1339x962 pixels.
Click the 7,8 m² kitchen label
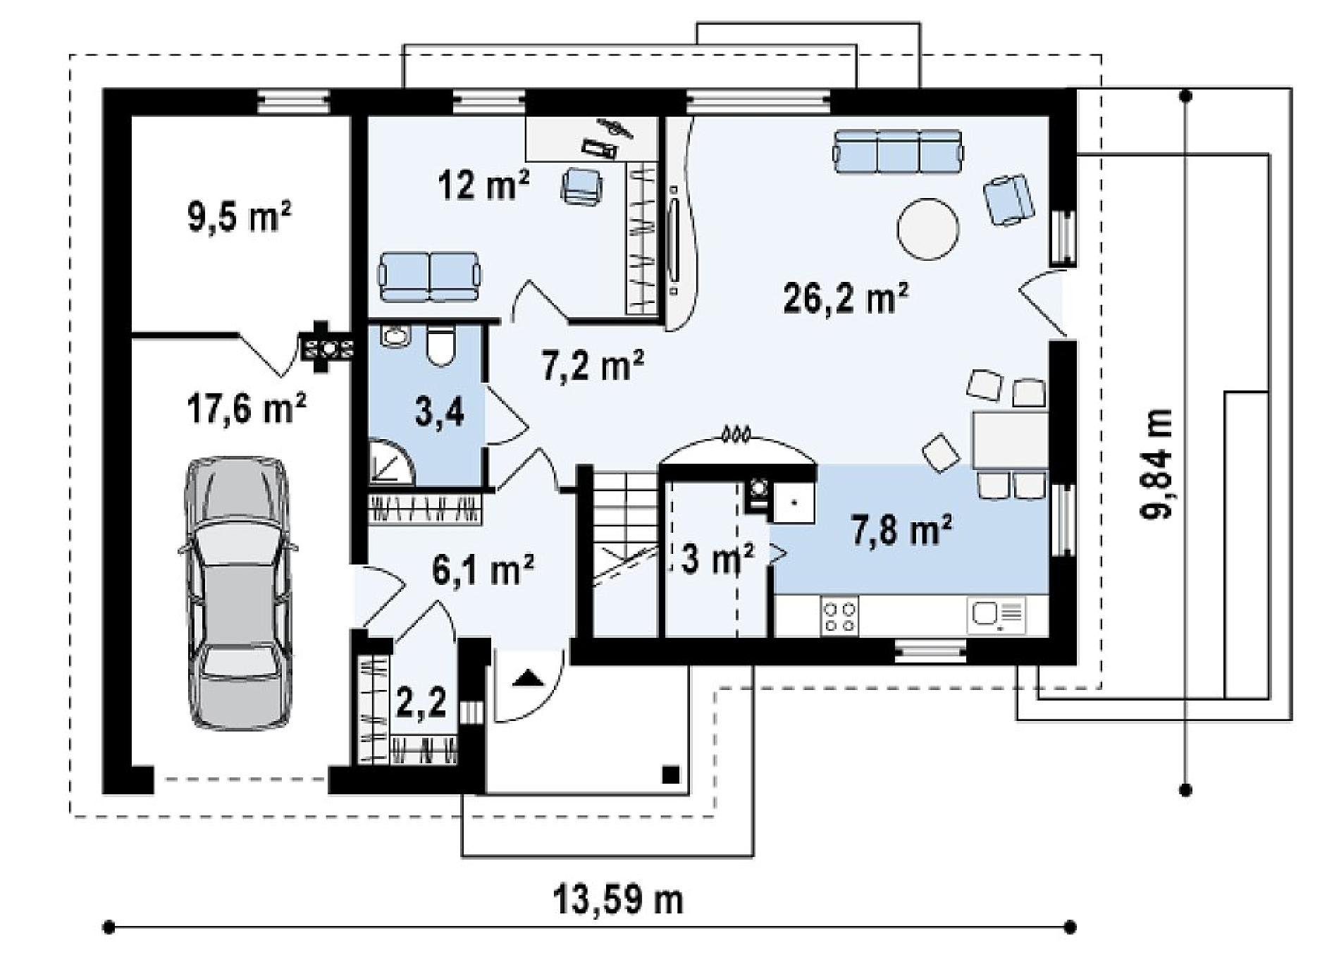[902, 530]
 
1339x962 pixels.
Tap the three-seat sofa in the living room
[897, 151]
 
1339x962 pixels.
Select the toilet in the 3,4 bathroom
[442, 345]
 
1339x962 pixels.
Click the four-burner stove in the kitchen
[839, 615]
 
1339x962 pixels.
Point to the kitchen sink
[997, 615]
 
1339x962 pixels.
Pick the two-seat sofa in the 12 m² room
[430, 276]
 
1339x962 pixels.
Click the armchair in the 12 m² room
[583, 186]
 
